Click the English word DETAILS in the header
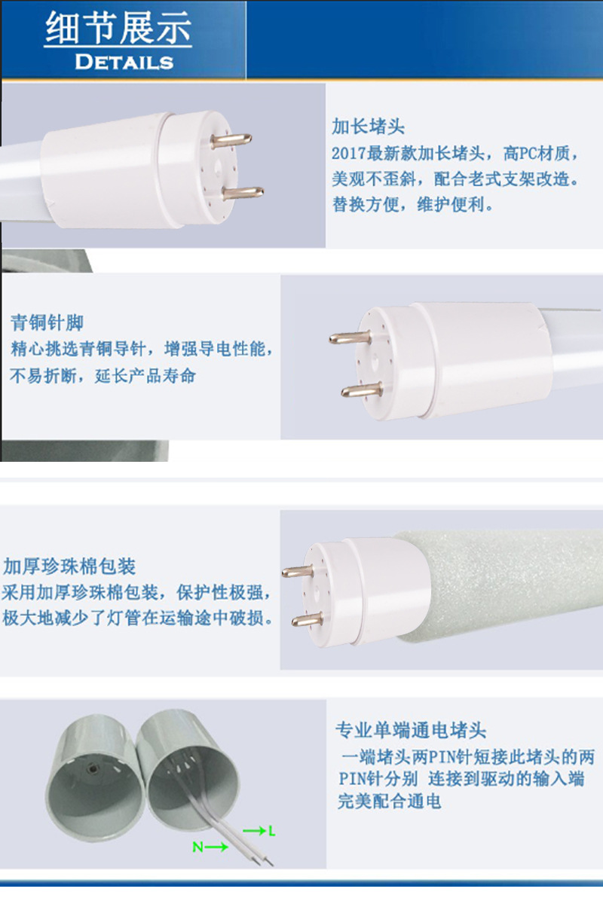pos(124,62)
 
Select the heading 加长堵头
pos(368,127)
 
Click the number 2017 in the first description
pos(349,154)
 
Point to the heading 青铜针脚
pos(47,322)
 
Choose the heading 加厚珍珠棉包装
pos(69,567)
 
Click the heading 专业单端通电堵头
pos(410,730)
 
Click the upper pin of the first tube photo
pos(231,140)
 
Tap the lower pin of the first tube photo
pos(243,193)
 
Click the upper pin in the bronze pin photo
pos(350,337)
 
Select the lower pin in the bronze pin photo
pos(362,390)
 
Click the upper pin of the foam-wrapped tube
pos(298,571)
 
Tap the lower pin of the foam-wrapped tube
pos(308,619)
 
